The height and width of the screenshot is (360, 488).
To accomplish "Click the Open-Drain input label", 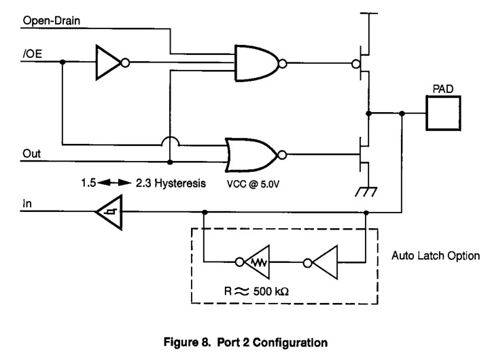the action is coord(52,20).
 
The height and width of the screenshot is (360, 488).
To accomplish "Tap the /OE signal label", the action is coord(32,54).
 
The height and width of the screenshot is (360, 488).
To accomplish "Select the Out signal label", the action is coord(31,154).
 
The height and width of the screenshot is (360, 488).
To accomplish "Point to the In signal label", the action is coord(27,204).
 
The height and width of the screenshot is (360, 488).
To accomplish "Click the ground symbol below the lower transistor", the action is coord(366,192).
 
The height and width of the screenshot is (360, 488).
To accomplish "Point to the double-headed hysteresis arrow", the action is coord(114,183).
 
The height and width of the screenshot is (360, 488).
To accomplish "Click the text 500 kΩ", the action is coord(271,291).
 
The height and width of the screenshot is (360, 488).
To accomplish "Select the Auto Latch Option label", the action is coord(436,255).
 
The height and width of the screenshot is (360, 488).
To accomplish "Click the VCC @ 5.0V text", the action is coord(253,184).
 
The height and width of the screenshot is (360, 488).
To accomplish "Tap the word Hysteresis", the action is coord(180,183).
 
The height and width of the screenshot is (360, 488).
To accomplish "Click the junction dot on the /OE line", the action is coord(63,62).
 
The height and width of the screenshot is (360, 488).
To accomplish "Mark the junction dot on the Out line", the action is coord(170,162).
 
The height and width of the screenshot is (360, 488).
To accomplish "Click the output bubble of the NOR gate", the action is coord(282,155).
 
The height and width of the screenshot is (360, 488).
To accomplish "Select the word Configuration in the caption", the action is coord(290,342).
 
